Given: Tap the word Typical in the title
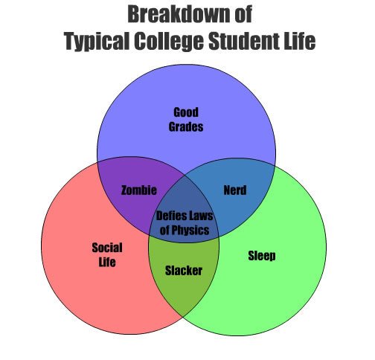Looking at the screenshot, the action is point(97,41).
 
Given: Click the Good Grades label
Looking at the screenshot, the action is point(186,119).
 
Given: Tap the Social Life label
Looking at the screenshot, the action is point(107,254).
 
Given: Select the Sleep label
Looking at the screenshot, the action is point(262,256).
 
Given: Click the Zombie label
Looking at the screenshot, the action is point(139,190).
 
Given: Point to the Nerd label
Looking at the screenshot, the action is point(235,190).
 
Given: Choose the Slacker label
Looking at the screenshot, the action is point(184,270).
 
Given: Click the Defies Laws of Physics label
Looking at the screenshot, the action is point(185,223).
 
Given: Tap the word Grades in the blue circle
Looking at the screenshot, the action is point(186,126).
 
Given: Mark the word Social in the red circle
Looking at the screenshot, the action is point(107,248).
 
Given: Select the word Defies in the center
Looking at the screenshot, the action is point(170,216).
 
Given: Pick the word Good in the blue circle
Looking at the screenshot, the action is point(186,112).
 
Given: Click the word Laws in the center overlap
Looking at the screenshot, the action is point(200,216).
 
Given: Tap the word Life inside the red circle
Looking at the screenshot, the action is point(107,262).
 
